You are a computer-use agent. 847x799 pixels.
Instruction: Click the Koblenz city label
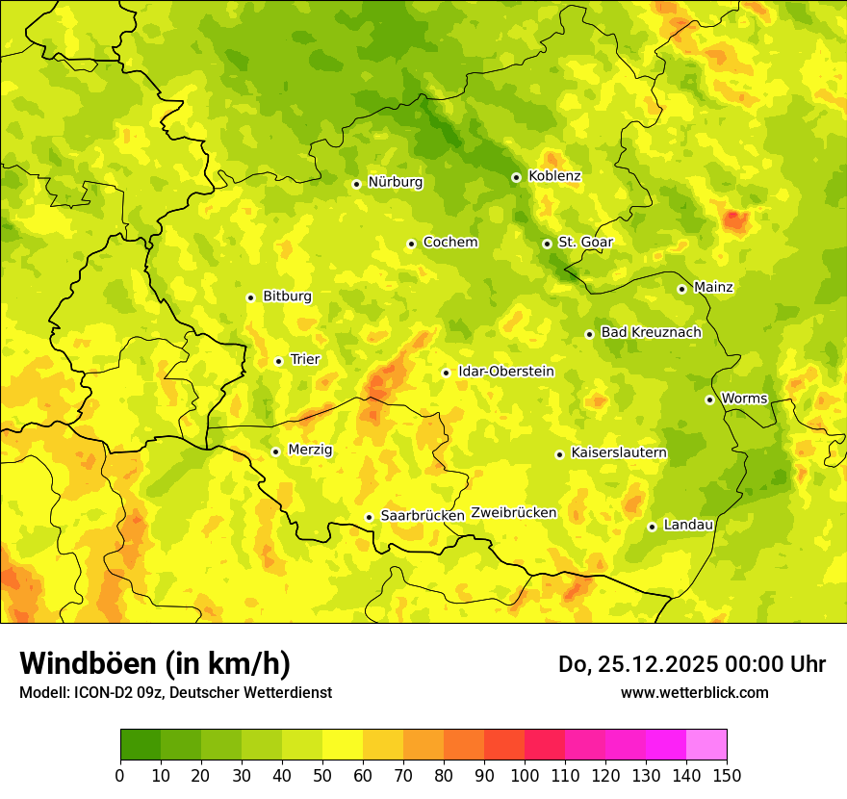[x=554, y=176]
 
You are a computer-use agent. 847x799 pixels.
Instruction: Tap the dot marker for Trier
[x=279, y=361]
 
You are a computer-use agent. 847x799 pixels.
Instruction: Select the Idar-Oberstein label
[x=506, y=372]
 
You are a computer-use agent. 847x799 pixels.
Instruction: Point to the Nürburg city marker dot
[x=356, y=184]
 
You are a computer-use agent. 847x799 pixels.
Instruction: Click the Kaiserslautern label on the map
[x=619, y=452]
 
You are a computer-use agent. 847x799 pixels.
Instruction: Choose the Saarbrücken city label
[x=423, y=516]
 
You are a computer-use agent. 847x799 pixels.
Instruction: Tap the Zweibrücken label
[x=514, y=513]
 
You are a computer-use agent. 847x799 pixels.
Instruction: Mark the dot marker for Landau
[x=652, y=527]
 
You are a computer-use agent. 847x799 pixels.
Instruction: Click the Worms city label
[x=744, y=399]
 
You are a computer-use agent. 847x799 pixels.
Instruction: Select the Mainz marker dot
[x=681, y=289]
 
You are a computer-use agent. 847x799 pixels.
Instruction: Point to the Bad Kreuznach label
[x=651, y=332]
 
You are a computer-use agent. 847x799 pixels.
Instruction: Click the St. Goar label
[x=585, y=243]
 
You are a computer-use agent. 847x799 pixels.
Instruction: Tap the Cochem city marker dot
[x=411, y=244]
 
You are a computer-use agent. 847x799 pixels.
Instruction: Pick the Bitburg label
[x=287, y=296]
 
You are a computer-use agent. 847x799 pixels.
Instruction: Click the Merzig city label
[x=310, y=450]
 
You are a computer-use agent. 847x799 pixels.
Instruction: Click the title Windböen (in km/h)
[x=155, y=663]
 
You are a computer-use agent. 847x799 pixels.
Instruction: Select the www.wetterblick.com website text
[x=694, y=692]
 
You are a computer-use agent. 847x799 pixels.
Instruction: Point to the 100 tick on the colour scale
[x=525, y=775]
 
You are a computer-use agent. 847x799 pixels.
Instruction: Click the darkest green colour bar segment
[x=140, y=744]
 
